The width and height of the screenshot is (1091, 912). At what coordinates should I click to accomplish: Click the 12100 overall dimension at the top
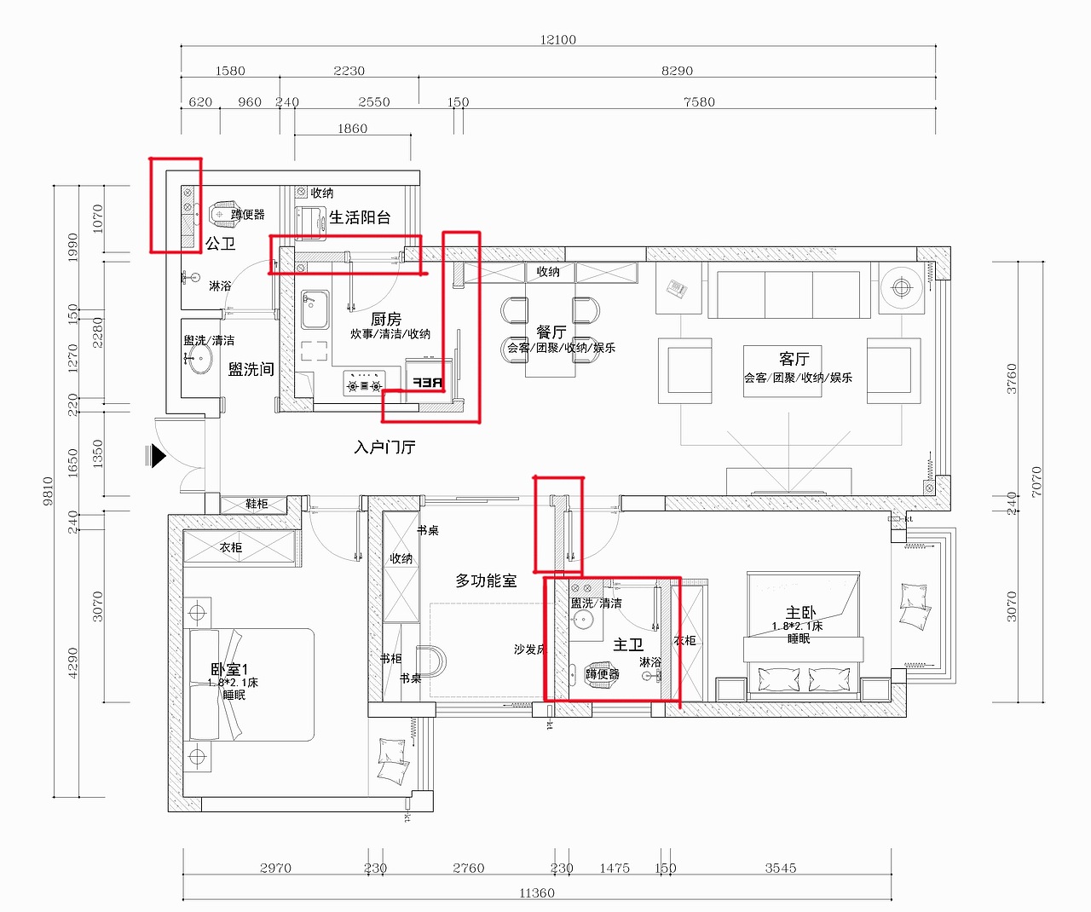[557, 39]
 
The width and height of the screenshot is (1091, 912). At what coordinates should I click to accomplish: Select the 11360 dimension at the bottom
[536, 892]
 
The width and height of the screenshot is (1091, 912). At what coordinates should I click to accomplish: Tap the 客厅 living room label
[794, 359]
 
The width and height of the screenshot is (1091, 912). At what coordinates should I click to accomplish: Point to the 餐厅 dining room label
[551, 331]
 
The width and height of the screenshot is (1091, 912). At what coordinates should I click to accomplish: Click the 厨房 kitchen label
[386, 319]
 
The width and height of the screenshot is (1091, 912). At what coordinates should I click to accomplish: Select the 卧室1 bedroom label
[229, 670]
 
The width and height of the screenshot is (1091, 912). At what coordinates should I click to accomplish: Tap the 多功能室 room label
[486, 580]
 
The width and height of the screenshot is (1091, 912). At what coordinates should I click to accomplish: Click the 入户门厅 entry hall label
[384, 447]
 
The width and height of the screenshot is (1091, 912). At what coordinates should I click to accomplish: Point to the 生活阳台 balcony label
[360, 217]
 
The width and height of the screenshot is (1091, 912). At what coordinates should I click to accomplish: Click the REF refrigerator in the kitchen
[427, 383]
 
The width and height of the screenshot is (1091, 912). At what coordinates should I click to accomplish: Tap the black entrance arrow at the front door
[158, 456]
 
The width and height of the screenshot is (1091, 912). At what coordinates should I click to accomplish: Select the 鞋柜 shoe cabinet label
[257, 504]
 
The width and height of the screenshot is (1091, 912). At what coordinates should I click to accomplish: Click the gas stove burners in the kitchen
[364, 385]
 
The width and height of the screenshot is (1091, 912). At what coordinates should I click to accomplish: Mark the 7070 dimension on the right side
[1036, 482]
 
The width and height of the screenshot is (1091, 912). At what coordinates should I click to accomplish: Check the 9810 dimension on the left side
[48, 491]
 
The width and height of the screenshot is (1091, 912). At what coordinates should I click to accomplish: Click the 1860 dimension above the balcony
[352, 129]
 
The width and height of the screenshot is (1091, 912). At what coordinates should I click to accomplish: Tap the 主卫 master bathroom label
[628, 645]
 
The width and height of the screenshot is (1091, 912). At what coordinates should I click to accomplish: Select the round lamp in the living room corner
[902, 286]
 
